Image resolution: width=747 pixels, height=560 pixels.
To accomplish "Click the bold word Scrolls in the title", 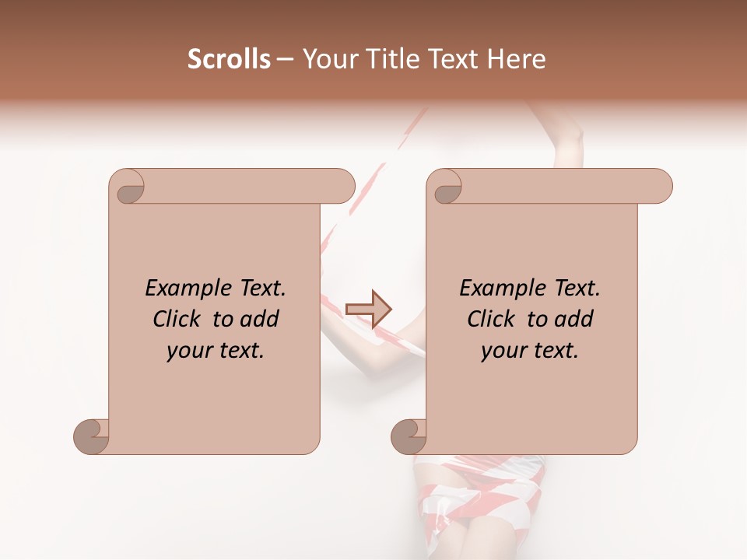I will pos(229,59).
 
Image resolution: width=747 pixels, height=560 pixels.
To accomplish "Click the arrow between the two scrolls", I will pos(369,309).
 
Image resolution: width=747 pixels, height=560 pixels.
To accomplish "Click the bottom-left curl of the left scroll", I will pos(90,437).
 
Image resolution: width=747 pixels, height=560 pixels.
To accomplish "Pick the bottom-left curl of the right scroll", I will pos(408,437).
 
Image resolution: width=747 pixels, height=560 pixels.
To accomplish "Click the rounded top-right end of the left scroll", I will pos(342,186).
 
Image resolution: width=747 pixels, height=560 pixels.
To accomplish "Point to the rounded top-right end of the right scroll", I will pos(660,186).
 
